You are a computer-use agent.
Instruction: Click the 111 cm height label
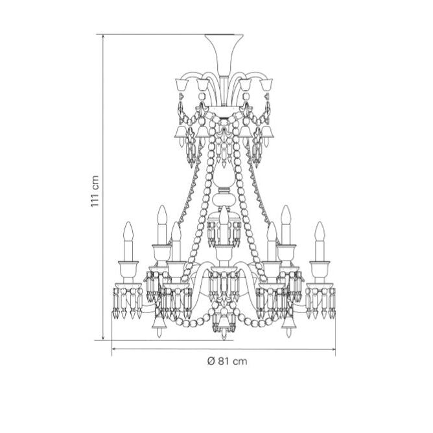[x=95, y=191]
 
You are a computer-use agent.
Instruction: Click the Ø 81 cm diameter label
[x=227, y=361]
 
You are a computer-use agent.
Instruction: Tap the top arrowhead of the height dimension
[x=103, y=36]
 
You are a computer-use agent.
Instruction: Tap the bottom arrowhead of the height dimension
[x=103, y=338]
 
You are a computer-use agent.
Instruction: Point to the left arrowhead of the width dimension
[x=114, y=349]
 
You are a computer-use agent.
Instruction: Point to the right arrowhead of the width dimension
[x=333, y=349]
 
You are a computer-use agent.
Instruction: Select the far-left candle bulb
[x=128, y=231]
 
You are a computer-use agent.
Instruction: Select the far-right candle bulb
[x=320, y=231]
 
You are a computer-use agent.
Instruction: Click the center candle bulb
[x=224, y=216]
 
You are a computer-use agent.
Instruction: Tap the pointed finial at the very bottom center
[x=224, y=336]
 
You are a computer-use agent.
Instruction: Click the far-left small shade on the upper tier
[x=181, y=84]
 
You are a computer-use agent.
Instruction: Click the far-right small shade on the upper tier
[x=266, y=84]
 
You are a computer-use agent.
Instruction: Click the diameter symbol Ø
[x=211, y=361]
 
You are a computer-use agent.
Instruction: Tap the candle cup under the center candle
[x=224, y=253]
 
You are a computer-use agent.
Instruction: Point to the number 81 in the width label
[x=224, y=361]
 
